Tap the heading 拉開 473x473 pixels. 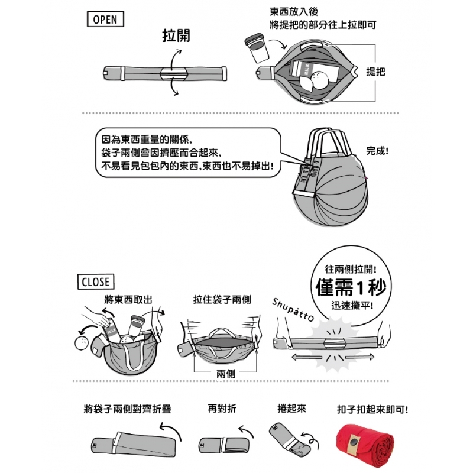(176, 35)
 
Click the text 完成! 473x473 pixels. (377, 151)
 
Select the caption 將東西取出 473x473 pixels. (127, 300)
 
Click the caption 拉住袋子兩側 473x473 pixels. (222, 300)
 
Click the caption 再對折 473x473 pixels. (222, 409)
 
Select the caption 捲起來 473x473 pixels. (291, 409)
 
